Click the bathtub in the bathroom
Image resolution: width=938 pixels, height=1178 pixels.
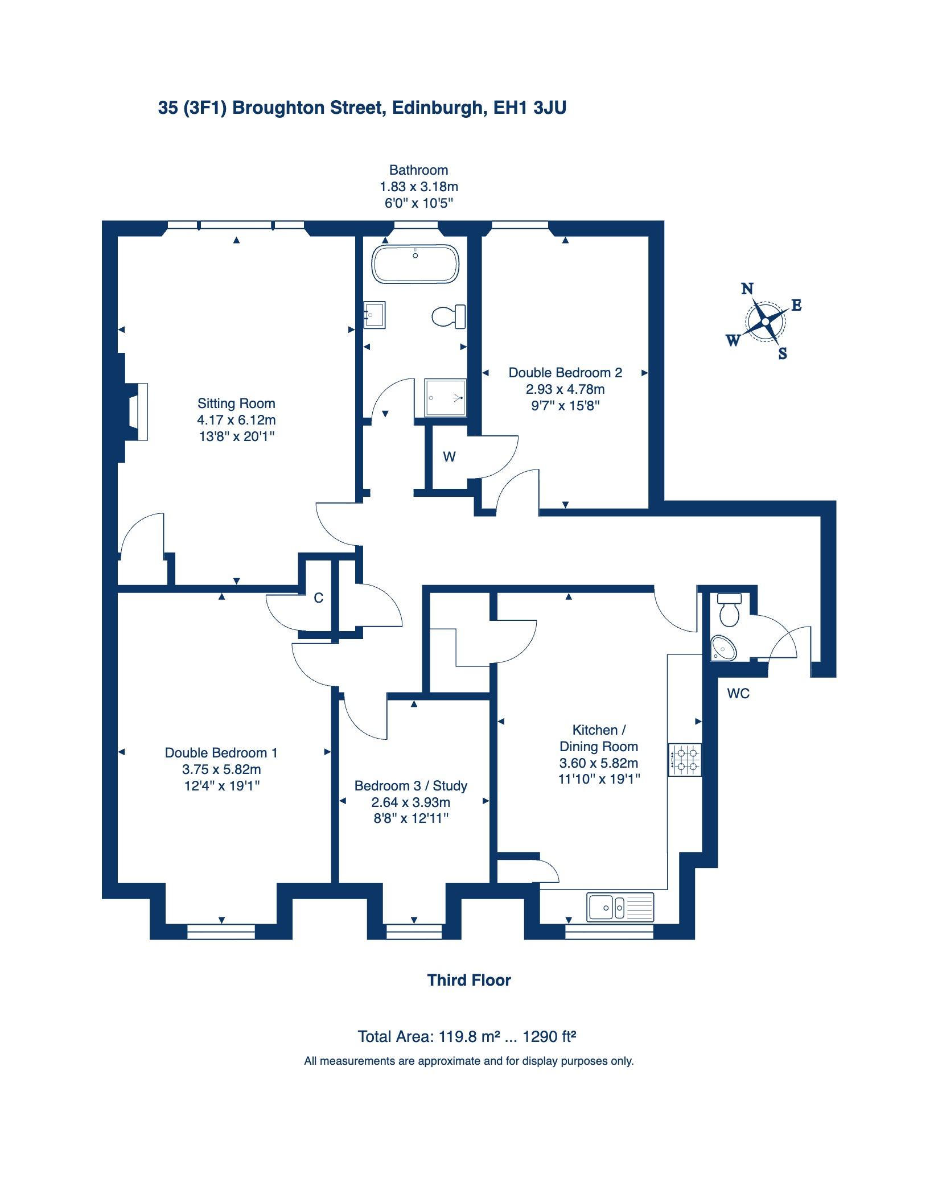click(x=415, y=264)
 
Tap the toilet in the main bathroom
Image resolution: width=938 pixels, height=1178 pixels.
click(x=449, y=316)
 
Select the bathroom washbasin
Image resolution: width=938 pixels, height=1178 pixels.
click(x=375, y=315)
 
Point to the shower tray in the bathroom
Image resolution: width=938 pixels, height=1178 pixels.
click(x=446, y=398)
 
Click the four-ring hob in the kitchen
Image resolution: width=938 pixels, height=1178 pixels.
click(x=685, y=760)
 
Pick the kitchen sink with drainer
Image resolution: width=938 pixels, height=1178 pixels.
click(x=620, y=907)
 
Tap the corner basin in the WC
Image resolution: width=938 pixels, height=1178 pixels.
click(x=722, y=648)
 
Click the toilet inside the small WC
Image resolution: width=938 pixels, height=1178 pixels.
click(x=730, y=609)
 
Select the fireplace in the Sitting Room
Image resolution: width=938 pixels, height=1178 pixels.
click(x=137, y=411)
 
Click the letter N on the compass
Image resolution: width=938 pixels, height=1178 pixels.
click(x=747, y=289)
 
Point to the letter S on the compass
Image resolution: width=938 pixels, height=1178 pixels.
click(x=783, y=353)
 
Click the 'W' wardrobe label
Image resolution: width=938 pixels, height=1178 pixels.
click(x=449, y=456)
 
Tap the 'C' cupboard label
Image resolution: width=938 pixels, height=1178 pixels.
click(x=319, y=598)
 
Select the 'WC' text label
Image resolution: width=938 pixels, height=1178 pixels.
click(x=738, y=693)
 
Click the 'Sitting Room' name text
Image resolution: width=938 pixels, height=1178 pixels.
click(x=236, y=403)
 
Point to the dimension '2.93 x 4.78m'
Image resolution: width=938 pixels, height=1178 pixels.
click(x=565, y=389)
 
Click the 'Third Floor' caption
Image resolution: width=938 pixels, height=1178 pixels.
click(x=469, y=980)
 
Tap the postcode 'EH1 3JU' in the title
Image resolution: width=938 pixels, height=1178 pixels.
click(x=529, y=108)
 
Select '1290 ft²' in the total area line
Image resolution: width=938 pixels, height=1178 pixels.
click(x=549, y=1036)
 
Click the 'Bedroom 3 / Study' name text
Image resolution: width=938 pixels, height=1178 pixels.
click(x=411, y=786)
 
